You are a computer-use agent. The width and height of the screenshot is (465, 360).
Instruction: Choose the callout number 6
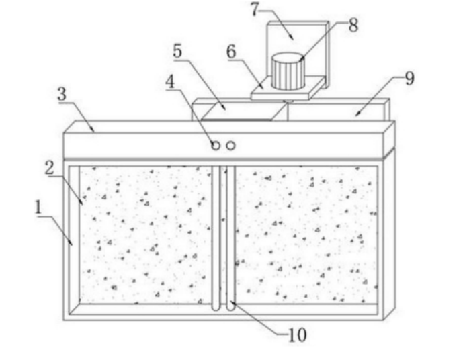231,51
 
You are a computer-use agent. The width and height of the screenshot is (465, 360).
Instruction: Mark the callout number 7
254,9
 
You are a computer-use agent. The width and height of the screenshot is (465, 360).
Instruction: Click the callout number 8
353,26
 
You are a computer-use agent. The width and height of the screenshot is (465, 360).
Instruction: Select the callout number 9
409,79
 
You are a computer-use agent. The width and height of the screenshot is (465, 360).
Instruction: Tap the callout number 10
296,334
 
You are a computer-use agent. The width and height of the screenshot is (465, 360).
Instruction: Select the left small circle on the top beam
216,146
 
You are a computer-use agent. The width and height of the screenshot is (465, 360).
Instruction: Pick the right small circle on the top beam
230,146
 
